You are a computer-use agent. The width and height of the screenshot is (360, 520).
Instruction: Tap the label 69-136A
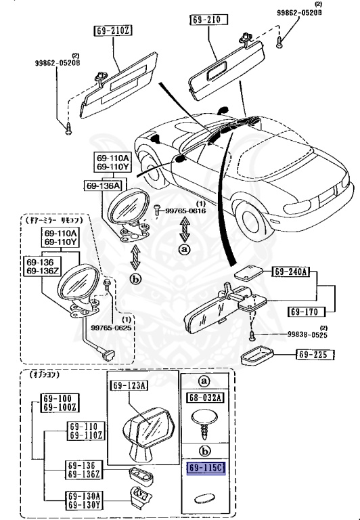click(102, 186)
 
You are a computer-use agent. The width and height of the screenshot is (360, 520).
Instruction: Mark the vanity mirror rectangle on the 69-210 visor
click(220, 68)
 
